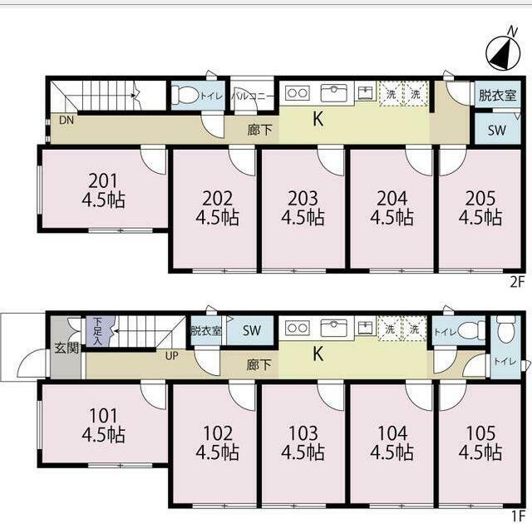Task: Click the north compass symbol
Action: point(503,53)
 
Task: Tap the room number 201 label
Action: point(103,180)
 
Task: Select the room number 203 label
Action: point(303,199)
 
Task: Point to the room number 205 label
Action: point(480,199)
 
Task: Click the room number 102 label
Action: point(218,433)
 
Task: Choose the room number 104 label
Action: point(392,433)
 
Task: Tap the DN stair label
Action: point(66,120)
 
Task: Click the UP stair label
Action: point(172,356)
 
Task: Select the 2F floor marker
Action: point(518,282)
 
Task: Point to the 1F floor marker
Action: point(519,517)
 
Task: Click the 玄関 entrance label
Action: point(66,348)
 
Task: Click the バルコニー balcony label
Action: point(253,96)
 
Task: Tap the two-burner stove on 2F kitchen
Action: point(298,93)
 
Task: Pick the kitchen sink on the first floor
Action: point(334,328)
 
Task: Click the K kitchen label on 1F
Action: point(318,354)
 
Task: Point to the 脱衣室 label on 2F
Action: point(497,96)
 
